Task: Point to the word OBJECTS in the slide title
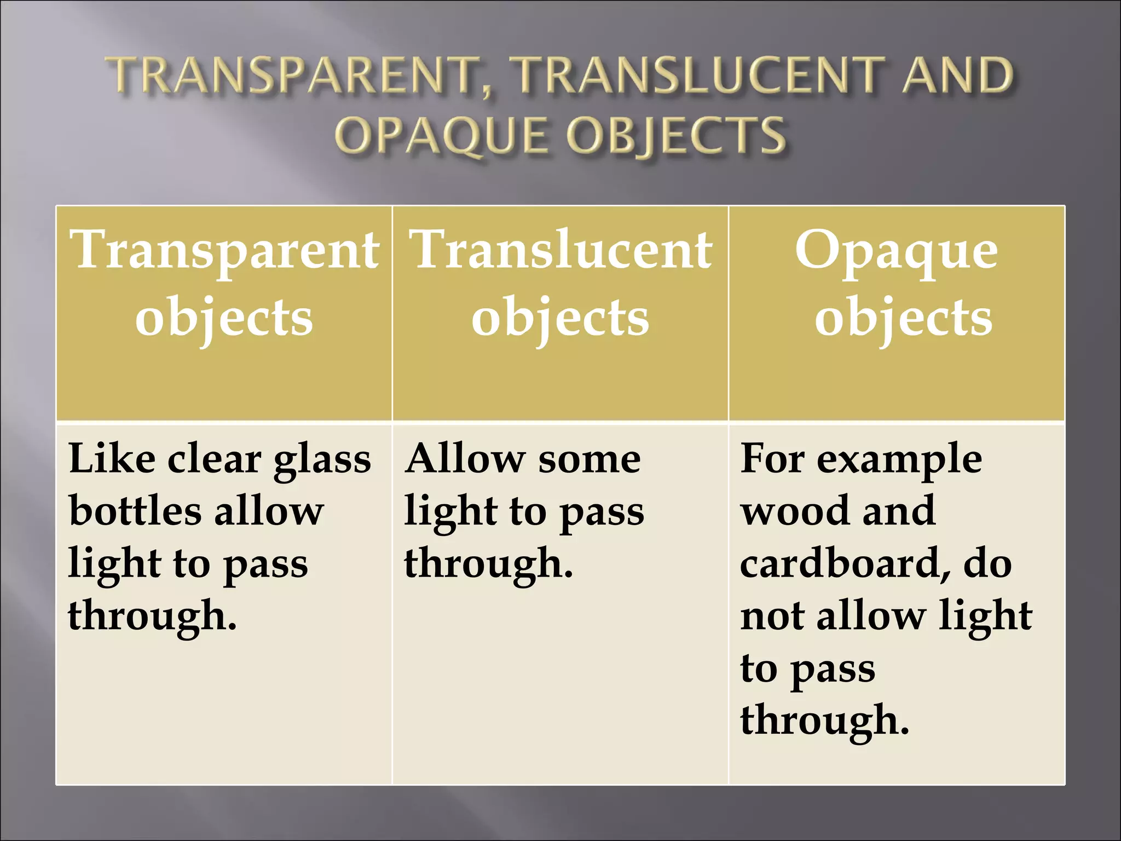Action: (x=677, y=135)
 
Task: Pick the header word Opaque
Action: (x=897, y=251)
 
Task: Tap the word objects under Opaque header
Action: (x=903, y=318)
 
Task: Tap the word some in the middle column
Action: (x=590, y=459)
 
